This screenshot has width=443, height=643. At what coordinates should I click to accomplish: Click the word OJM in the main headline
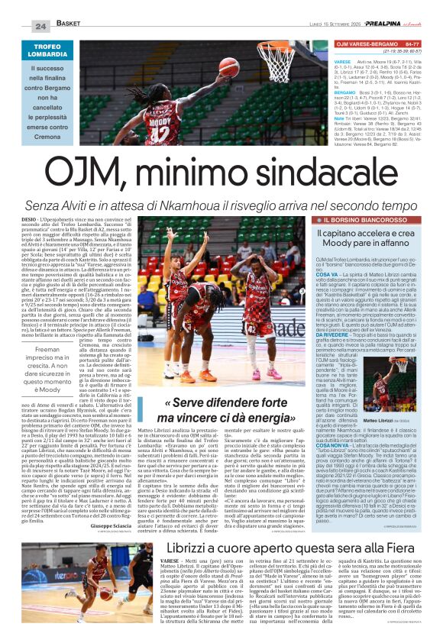point(91,166)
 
